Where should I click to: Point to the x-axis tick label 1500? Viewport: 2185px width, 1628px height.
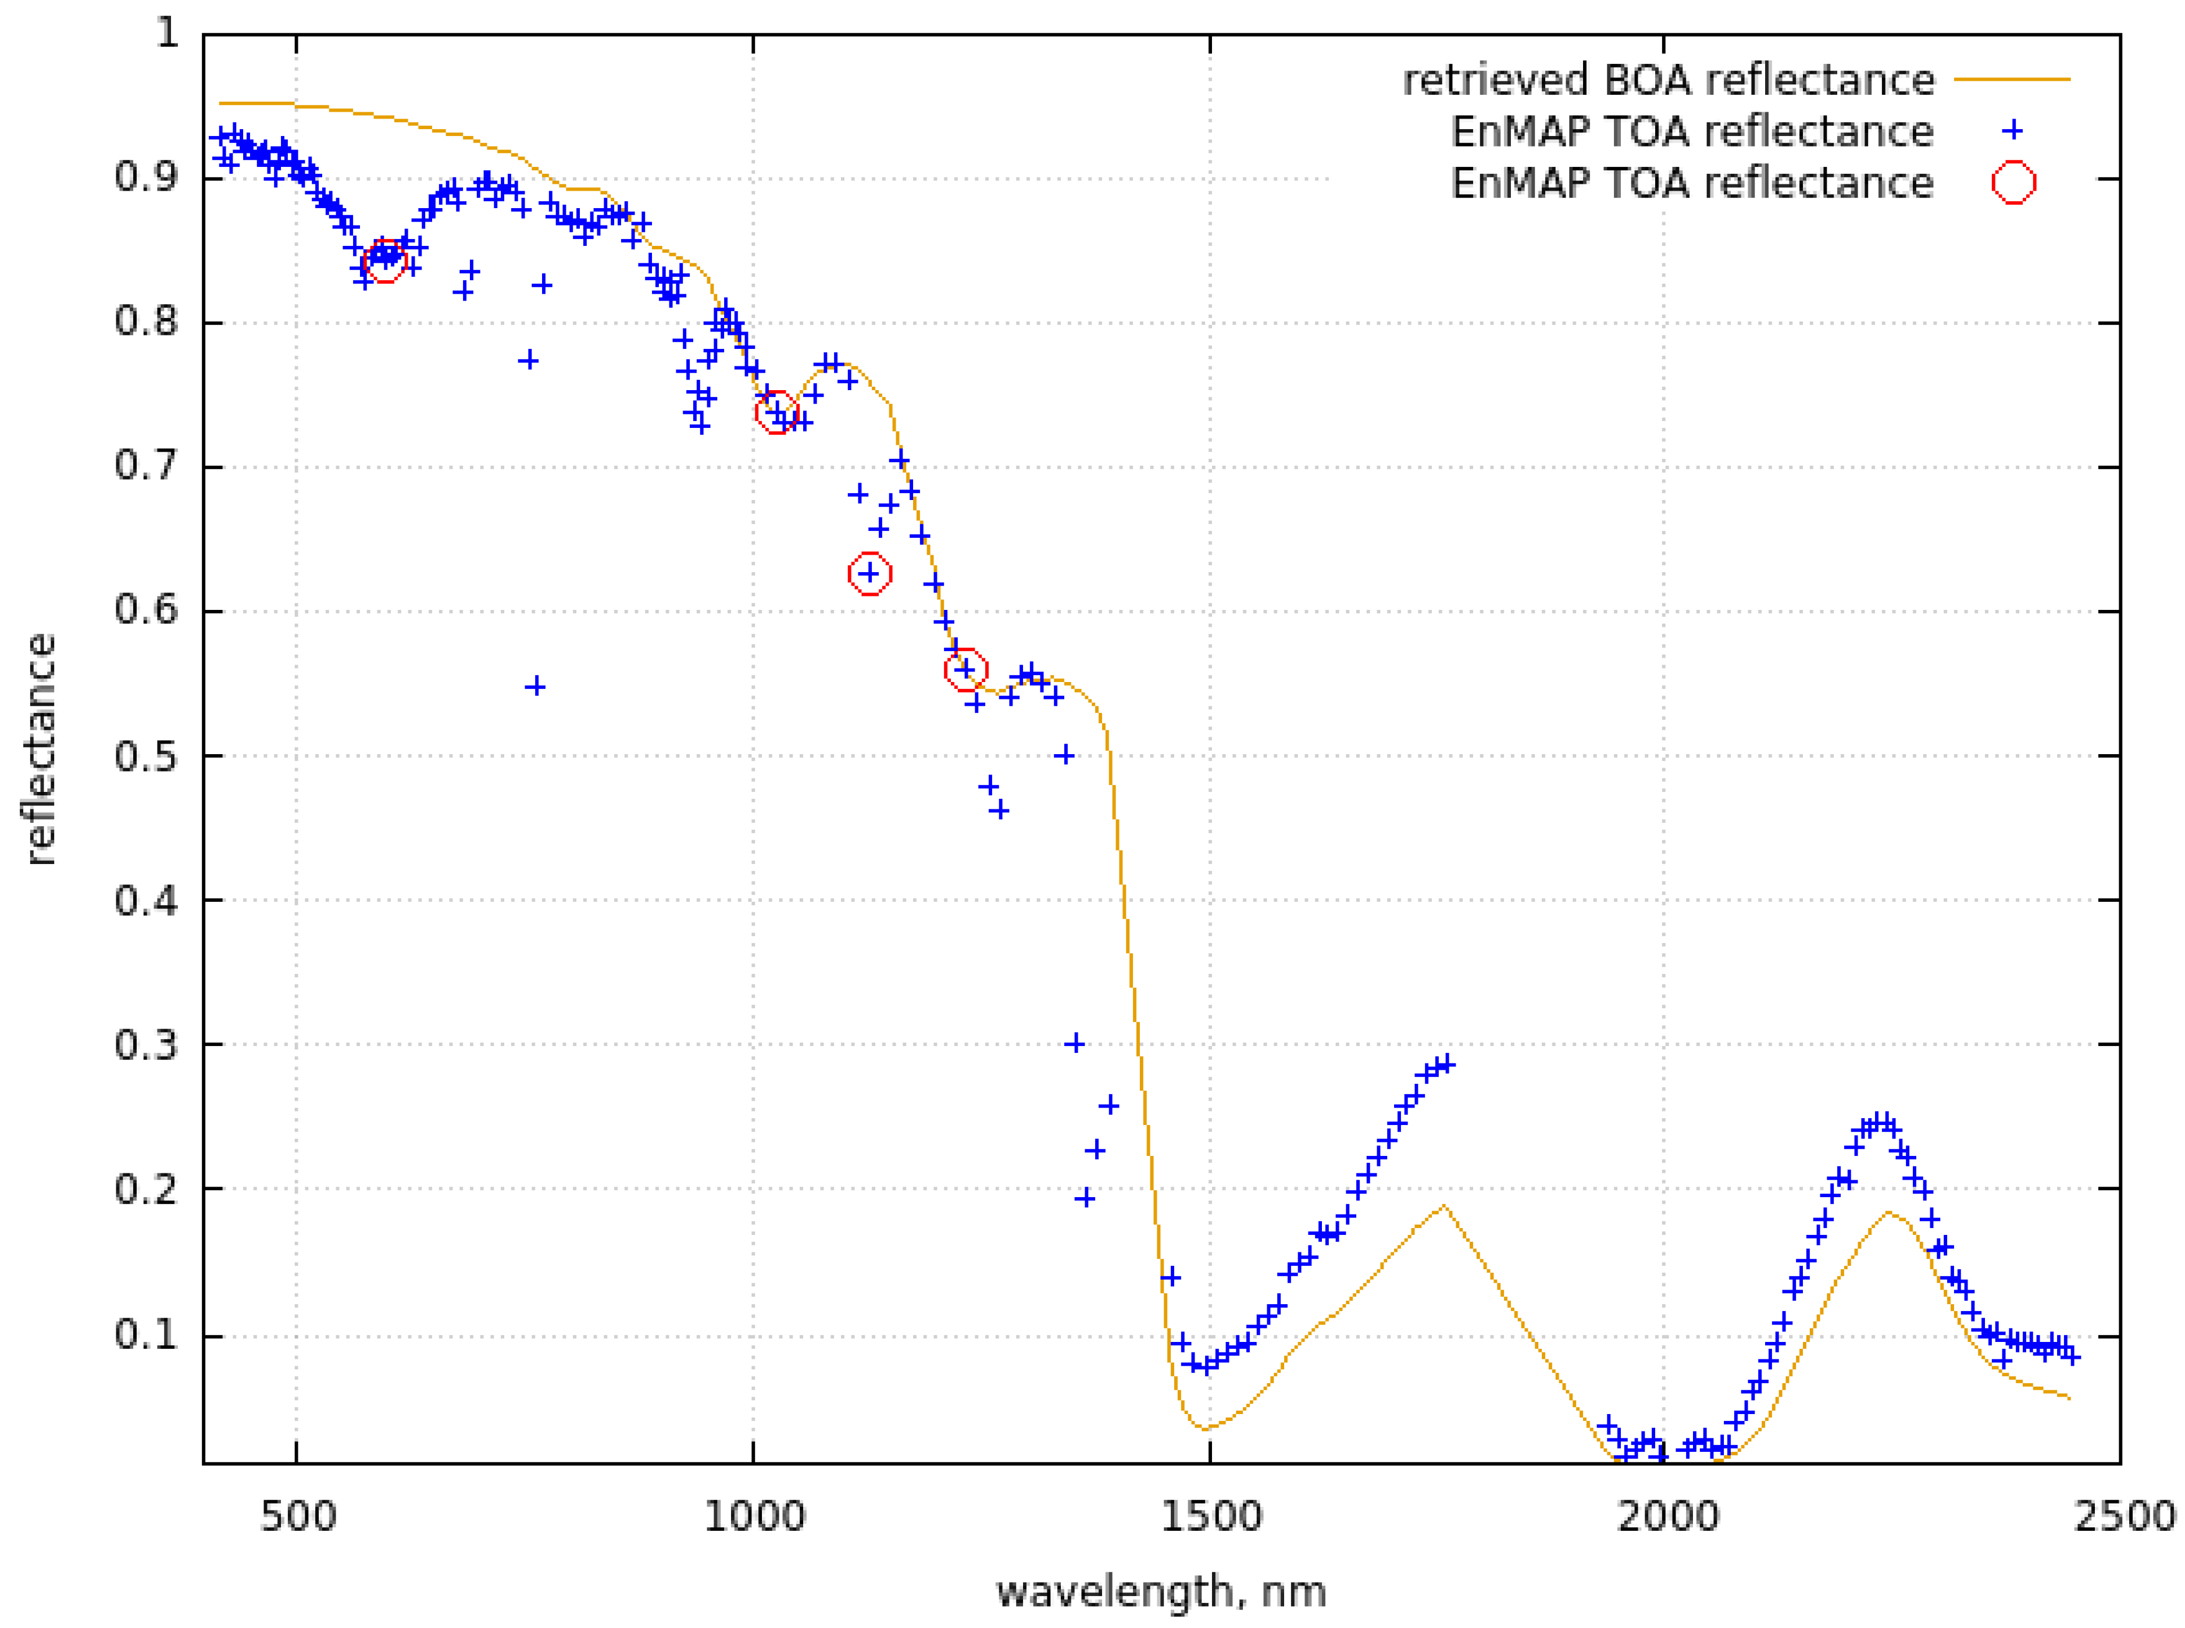1210,1516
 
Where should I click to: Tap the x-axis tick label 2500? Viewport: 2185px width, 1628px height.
2122,1516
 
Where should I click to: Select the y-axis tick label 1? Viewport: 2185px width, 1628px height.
167,34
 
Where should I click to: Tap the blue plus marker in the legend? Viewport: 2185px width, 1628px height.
2012,131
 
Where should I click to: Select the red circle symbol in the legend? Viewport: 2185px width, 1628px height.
2012,183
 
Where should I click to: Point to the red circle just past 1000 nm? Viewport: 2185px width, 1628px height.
776,413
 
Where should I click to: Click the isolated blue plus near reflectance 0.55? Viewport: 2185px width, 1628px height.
535,686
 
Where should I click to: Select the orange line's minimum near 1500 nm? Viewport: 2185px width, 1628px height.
1204,1428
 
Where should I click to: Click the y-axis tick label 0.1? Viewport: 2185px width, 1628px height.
146,1336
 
